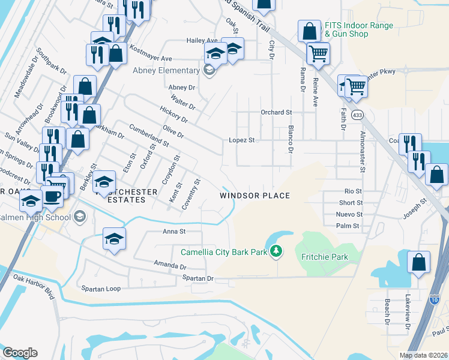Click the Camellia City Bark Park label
point(219,252)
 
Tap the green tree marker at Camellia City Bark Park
point(276,251)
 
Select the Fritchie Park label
point(323,257)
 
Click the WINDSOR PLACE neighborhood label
point(255,196)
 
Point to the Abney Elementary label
point(168,70)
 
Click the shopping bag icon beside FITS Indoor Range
point(309,30)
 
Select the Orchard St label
point(276,112)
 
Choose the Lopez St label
point(242,140)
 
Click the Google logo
point(19,352)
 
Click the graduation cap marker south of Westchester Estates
point(114,238)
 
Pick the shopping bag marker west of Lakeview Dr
point(418,262)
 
